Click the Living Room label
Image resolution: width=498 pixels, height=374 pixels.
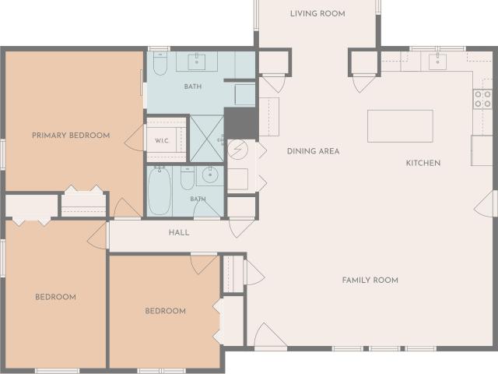tap(317, 14)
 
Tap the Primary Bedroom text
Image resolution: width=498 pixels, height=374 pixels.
tap(71, 136)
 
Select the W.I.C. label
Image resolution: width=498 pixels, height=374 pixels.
tap(162, 141)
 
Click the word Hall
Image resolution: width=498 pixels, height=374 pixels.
tap(179, 232)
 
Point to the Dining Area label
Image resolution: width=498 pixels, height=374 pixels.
tap(313, 151)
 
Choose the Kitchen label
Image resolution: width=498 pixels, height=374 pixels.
tap(423, 163)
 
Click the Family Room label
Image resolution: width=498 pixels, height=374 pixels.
tap(370, 280)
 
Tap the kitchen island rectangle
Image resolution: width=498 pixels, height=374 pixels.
tap(400, 126)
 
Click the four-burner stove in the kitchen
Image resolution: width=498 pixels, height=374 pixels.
tap(482, 99)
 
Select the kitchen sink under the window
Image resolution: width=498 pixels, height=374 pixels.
tap(437, 62)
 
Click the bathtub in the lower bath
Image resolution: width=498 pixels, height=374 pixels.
tap(160, 192)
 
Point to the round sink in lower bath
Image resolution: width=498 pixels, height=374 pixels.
tap(210, 175)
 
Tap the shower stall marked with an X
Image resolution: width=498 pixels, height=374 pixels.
tap(207, 139)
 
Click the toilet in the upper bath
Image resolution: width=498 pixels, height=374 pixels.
tap(160, 63)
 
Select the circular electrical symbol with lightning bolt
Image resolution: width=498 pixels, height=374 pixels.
tap(237, 149)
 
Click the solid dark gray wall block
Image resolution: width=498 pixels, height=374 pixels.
tap(240, 123)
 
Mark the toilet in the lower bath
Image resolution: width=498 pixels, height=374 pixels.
tap(188, 178)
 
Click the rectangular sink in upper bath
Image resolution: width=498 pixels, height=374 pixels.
tap(197, 62)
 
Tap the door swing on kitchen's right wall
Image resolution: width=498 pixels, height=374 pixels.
tap(486, 204)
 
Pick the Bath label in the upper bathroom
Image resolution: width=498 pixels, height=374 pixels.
tap(193, 86)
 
